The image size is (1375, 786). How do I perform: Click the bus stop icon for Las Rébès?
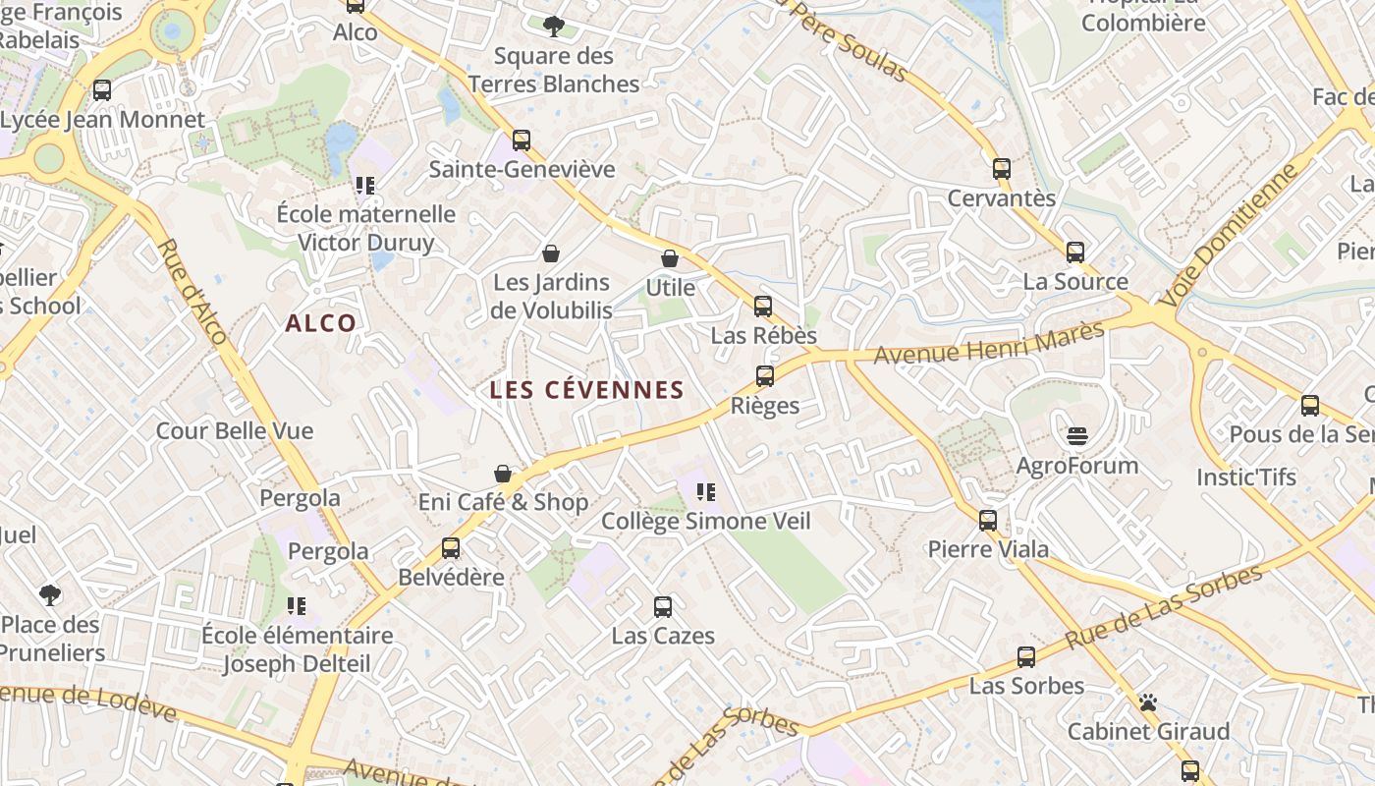coord(763,307)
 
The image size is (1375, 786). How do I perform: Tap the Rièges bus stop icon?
coord(765,375)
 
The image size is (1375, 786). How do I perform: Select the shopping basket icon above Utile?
coord(670,258)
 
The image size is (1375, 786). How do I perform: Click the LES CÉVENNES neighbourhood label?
coord(586,390)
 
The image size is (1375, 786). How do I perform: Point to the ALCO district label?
coord(321,323)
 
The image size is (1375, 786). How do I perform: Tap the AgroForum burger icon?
coord(1077,435)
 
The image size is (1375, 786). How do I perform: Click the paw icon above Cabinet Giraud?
coord(1148,702)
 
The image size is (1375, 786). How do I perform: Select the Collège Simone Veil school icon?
coord(705,491)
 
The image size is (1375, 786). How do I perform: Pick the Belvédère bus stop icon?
coord(451,547)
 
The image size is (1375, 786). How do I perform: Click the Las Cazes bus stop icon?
coord(663,606)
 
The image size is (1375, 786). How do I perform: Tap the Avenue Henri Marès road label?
coord(989,343)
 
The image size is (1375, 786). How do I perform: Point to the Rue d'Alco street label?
coord(192,291)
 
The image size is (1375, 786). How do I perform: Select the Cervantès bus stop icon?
coord(1002,168)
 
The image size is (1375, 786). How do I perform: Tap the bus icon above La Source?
coord(1075,252)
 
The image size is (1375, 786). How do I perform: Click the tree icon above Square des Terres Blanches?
coord(554,26)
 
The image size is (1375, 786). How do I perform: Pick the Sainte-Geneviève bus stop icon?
coord(522,140)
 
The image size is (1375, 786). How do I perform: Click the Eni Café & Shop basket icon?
coord(503,474)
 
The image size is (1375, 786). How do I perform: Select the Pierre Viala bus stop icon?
coord(988,520)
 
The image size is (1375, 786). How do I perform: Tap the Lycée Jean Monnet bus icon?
coord(102,90)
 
